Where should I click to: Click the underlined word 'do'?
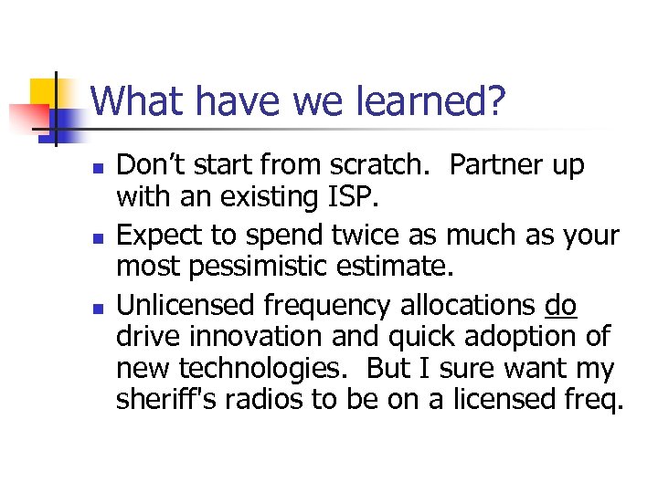(560, 306)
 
